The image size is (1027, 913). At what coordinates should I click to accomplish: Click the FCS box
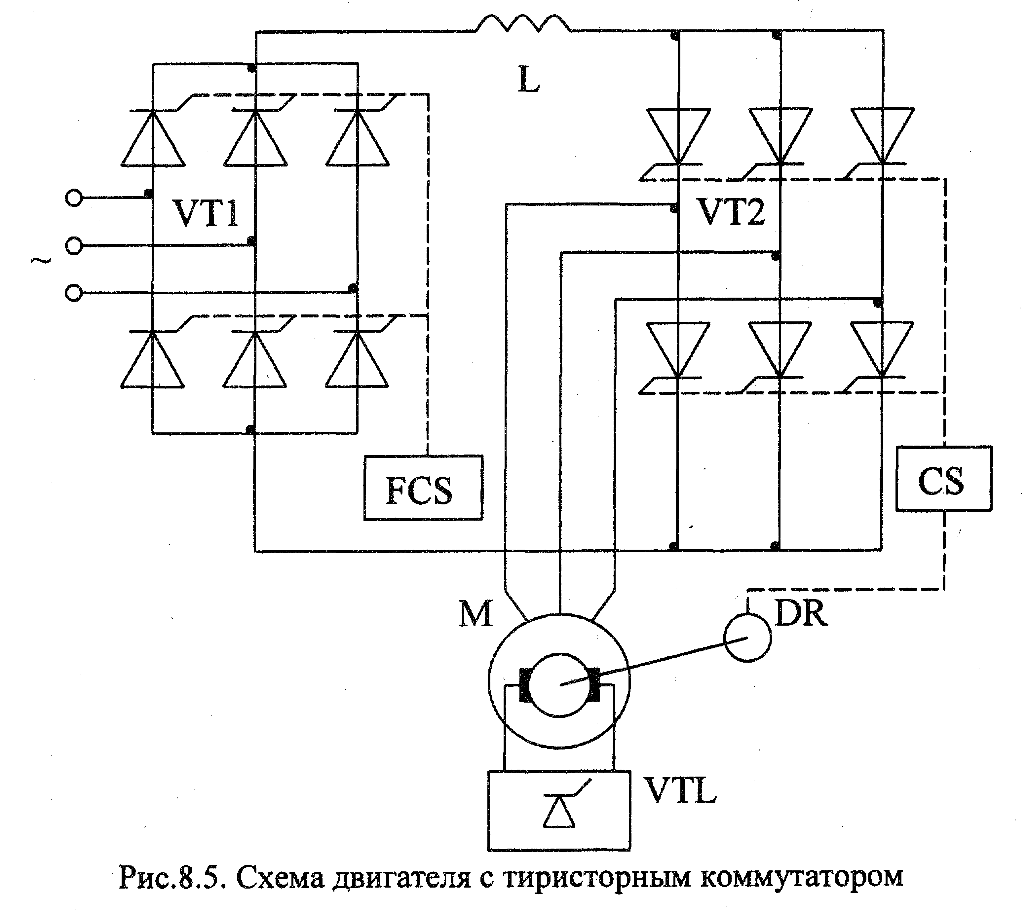click(x=423, y=488)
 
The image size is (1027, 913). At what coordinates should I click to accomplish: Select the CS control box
click(x=944, y=479)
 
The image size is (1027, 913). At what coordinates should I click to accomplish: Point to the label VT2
click(x=732, y=212)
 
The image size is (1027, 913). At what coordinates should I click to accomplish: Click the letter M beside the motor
click(x=475, y=614)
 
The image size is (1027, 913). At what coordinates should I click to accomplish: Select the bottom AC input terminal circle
click(x=74, y=292)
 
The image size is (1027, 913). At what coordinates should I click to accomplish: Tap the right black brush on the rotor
click(x=594, y=684)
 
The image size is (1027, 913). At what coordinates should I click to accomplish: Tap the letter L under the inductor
click(x=528, y=80)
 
